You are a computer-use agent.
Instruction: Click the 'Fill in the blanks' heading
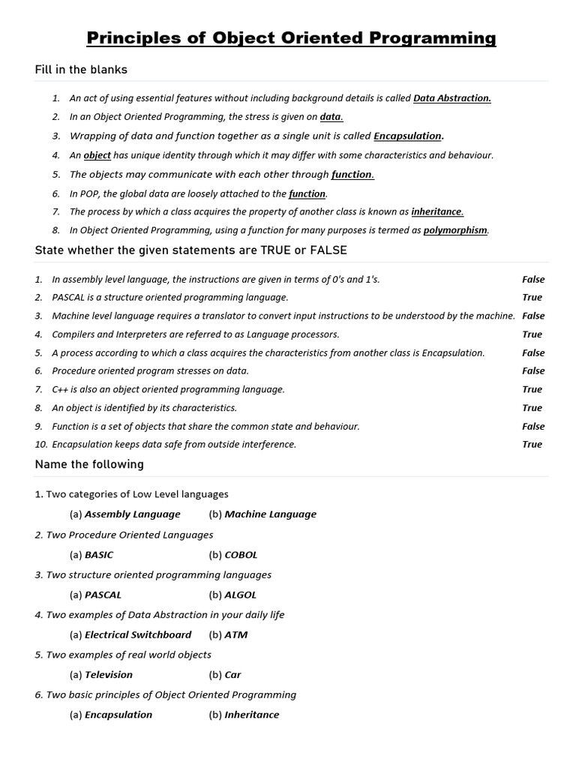(x=81, y=70)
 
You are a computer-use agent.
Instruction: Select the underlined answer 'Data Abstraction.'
(x=452, y=98)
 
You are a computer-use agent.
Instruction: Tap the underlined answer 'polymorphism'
(x=455, y=230)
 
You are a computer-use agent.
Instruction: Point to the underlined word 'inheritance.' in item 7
(x=437, y=211)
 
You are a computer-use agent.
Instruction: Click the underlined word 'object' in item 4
(x=97, y=155)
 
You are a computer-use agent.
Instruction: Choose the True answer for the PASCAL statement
(x=532, y=298)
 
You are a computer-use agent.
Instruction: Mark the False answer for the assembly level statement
(x=533, y=280)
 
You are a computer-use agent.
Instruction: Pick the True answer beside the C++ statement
(x=532, y=389)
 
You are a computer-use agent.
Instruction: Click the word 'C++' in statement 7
(x=60, y=389)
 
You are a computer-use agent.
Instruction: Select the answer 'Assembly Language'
(x=133, y=514)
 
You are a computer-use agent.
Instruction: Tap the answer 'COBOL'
(x=241, y=555)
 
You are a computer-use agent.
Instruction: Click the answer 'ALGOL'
(x=241, y=595)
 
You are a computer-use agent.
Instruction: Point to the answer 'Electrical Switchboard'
(x=138, y=634)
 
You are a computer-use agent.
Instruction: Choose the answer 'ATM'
(x=236, y=634)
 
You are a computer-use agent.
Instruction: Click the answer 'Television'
(x=109, y=675)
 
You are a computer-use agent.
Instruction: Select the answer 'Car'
(x=233, y=675)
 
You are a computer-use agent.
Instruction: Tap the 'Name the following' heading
(x=89, y=464)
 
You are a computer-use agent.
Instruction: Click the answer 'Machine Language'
(x=271, y=514)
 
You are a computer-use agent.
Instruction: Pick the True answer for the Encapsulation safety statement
(x=532, y=444)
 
